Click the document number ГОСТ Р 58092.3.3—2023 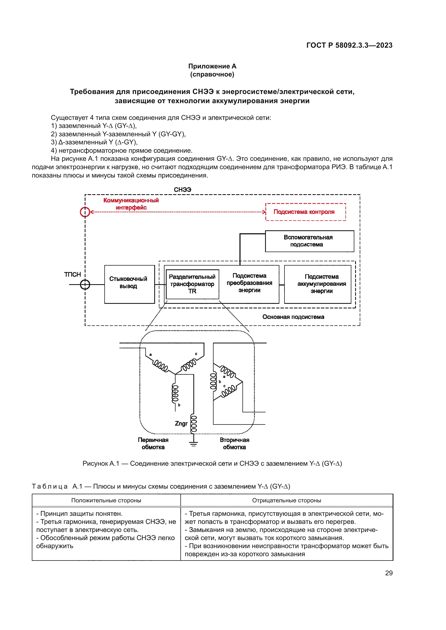point(349,45)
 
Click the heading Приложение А point(212,66)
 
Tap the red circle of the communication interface point(85,212)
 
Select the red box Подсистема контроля point(306,212)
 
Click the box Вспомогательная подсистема point(309,241)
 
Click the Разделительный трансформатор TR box point(192,284)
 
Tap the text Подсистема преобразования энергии point(249,283)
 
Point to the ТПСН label point(73,274)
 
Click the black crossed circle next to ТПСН point(85,284)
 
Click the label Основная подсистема point(293,317)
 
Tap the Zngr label point(181,423)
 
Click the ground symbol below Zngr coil point(193,443)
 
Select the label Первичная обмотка point(153,443)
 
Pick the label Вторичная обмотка point(234,443)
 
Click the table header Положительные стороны point(106,500)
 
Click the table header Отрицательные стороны point(286,500)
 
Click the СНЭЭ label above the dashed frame point(182,190)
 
